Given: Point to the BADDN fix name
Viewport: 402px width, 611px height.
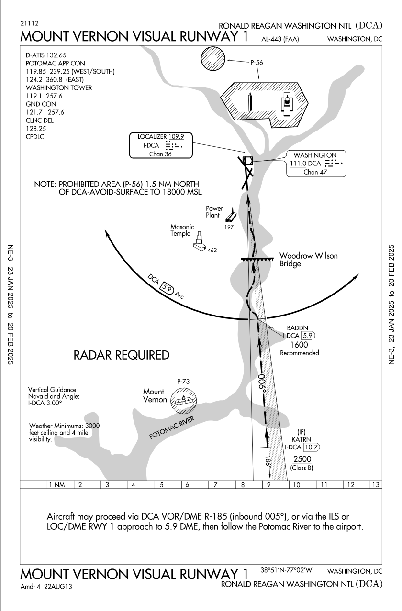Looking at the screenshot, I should click(x=294, y=328).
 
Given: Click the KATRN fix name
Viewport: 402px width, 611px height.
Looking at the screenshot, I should click(x=300, y=439).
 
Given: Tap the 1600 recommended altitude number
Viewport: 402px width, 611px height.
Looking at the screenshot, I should click(x=299, y=345).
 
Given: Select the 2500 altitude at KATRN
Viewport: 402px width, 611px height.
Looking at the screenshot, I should click(x=301, y=459).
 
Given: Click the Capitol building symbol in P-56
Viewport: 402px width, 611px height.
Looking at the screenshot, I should click(x=286, y=104).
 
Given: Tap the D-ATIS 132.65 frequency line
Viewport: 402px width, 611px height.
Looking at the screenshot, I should click(x=46, y=56).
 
